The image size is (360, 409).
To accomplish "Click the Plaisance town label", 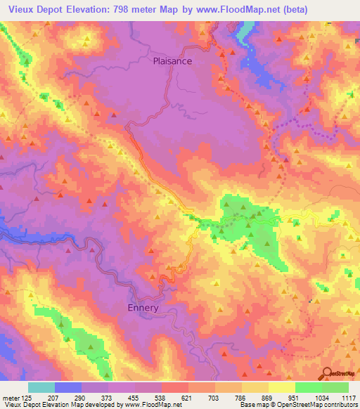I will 172,61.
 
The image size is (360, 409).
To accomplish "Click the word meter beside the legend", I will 11,398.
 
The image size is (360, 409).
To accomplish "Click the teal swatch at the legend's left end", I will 41,387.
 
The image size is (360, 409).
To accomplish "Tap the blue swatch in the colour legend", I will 68,387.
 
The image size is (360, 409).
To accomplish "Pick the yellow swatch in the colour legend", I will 281,387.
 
